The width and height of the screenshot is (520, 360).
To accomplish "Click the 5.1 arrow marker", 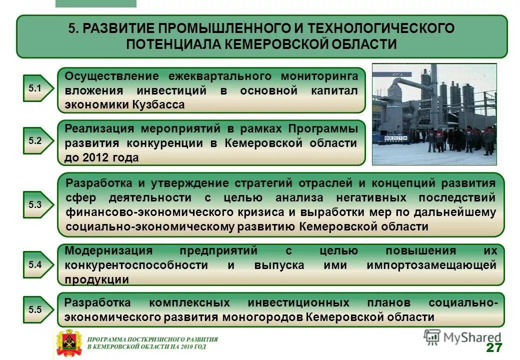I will (36, 88).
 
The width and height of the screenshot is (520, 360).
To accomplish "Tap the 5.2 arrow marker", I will (36, 140).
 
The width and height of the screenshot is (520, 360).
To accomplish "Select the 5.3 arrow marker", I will (36, 204).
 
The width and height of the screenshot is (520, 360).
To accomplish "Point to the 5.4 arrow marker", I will (36, 264).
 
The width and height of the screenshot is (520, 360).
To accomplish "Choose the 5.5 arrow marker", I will (36, 309).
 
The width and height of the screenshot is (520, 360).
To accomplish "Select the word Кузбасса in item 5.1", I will (159, 105).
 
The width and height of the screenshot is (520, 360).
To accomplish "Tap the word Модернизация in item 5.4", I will (108, 250).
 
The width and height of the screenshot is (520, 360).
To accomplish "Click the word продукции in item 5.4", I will (97, 279).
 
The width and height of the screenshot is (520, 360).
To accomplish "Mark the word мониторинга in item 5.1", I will (319, 76).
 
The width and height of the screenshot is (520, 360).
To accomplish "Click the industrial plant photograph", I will (434, 114).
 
